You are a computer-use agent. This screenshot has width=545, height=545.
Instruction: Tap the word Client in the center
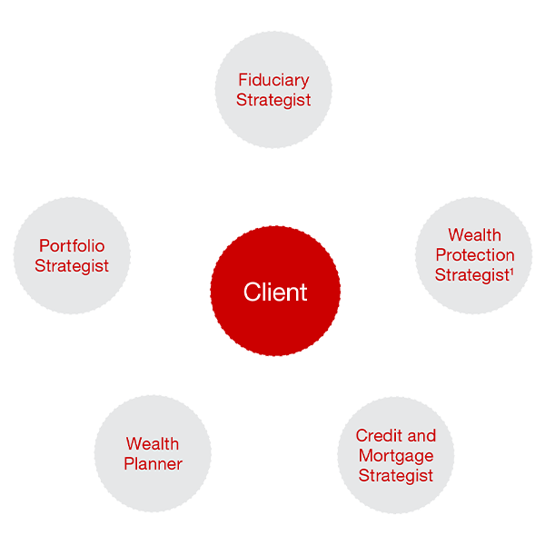275,292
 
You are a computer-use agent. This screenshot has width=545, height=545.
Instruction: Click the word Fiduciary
273,80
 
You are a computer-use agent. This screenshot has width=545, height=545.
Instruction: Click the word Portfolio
72,245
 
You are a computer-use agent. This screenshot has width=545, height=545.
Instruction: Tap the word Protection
474,255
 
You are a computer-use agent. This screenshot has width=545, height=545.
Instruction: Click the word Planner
154,464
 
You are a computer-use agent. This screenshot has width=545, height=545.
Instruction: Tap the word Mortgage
396,456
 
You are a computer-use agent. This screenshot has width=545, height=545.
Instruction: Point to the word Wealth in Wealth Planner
153,444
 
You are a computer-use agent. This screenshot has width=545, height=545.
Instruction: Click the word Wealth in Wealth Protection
474,235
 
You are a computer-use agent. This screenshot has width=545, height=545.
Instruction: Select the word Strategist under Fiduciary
273,100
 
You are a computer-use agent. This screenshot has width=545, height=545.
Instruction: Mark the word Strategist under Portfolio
72,266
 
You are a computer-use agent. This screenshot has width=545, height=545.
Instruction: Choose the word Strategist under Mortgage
396,476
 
